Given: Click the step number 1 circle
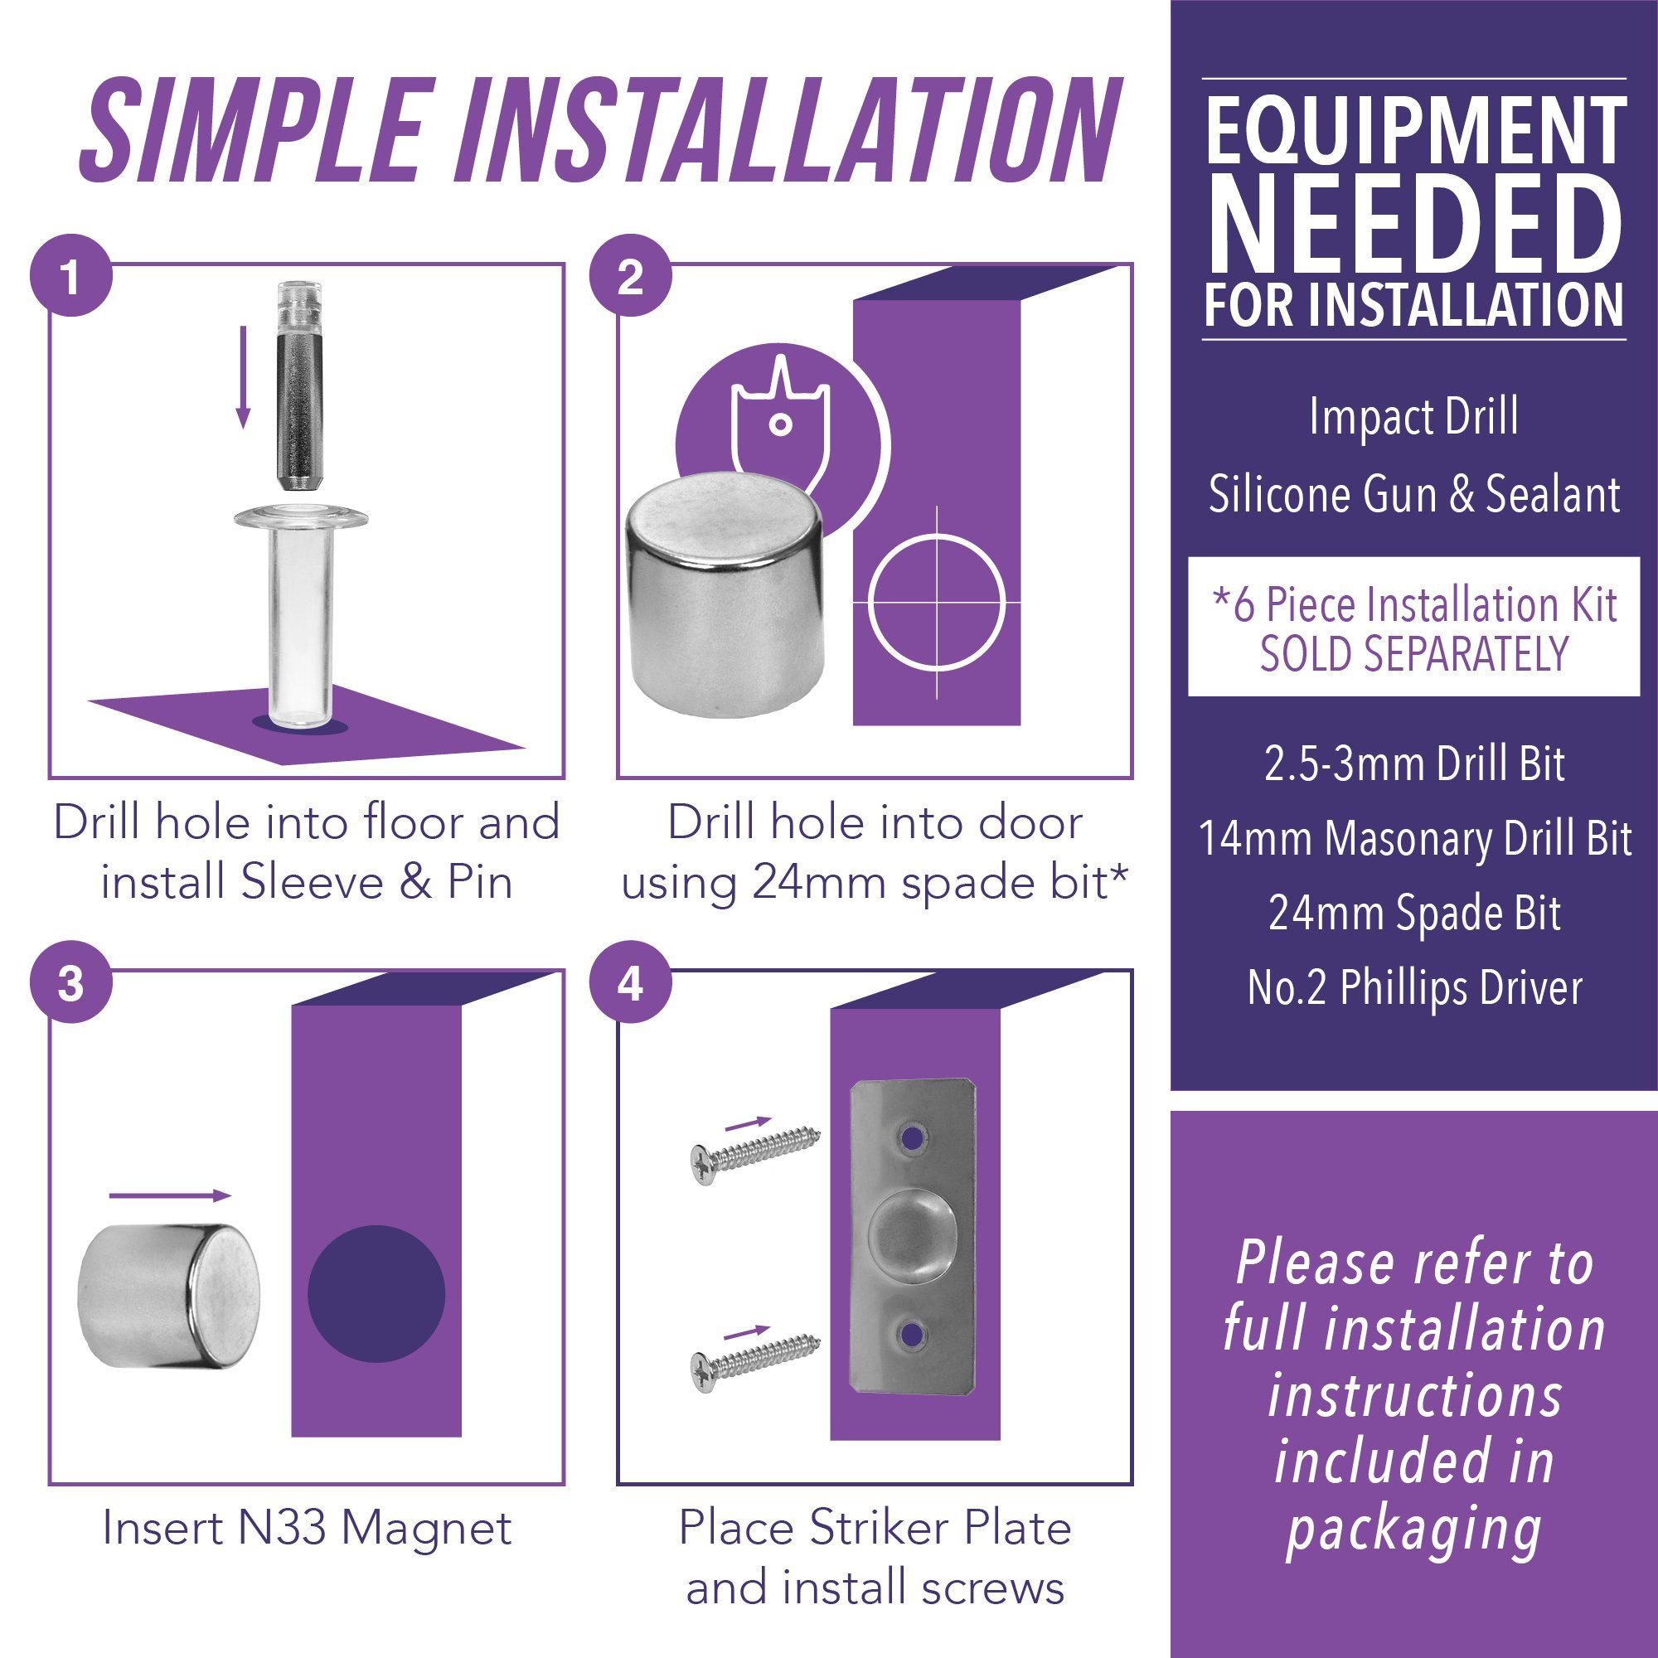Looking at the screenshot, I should pyautogui.click(x=71, y=276).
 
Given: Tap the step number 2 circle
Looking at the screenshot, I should pyautogui.click(x=631, y=276).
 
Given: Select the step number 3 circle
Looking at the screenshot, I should pyautogui.click(x=71, y=982).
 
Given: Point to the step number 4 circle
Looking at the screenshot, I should pyautogui.click(x=631, y=982).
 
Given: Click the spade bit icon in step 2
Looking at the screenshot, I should pyautogui.click(x=780, y=420).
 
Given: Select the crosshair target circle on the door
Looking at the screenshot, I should pyautogui.click(x=935, y=602).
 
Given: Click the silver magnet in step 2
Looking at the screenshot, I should pyautogui.click(x=724, y=596).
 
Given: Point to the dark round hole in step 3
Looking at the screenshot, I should pyautogui.click(x=376, y=1293).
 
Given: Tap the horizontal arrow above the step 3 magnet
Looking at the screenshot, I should pyautogui.click(x=170, y=1195).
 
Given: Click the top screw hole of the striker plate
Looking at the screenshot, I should pyautogui.click(x=911, y=1138).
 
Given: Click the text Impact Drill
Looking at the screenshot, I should pyautogui.click(x=1413, y=418).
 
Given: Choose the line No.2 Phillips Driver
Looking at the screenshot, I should pyautogui.click(x=1414, y=988).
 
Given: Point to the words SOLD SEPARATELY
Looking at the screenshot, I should pyautogui.click(x=1414, y=654).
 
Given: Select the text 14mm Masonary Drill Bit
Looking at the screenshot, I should pyautogui.click(x=1414, y=838).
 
